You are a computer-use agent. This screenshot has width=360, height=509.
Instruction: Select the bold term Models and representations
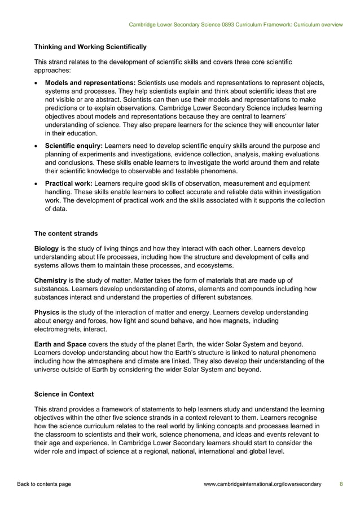point(90,84)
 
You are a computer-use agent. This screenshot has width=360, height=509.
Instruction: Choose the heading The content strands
point(66,232)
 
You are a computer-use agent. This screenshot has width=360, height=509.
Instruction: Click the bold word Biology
point(46,248)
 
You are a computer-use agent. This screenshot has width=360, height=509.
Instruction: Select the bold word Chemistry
point(51,280)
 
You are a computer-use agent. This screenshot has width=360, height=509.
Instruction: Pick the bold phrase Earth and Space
point(60,344)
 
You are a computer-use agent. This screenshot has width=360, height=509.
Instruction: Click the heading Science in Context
point(65,393)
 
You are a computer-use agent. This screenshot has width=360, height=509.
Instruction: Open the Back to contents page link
point(44,484)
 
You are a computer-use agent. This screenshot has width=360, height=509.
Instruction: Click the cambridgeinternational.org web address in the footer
point(262,484)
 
